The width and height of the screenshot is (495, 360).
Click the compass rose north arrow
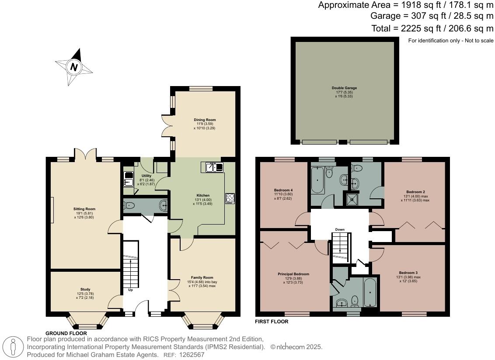coord(74,67)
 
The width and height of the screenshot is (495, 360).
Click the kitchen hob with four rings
coord(230,198)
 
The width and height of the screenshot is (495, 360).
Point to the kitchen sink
coord(213,167)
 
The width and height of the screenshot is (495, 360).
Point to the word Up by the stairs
coord(130,290)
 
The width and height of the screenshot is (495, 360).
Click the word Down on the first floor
coord(340,229)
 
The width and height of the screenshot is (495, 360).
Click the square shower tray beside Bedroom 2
coord(351,200)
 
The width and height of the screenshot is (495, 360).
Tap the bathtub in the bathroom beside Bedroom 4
coord(317,180)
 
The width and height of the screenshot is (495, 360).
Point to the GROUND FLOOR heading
coord(66,333)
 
